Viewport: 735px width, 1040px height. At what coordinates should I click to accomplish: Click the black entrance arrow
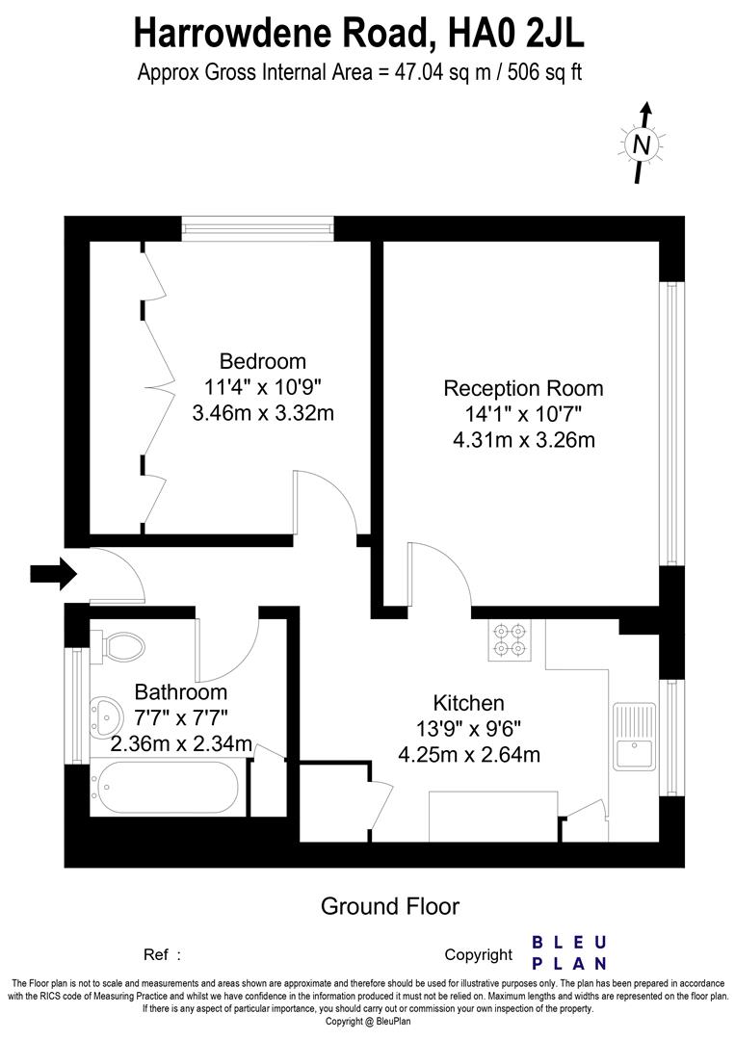click(53, 574)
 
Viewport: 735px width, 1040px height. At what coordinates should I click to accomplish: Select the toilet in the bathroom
click(119, 644)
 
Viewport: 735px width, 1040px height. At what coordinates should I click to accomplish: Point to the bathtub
click(165, 788)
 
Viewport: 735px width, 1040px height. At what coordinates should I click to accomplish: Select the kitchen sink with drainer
click(633, 736)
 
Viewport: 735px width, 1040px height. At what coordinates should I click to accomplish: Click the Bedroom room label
click(263, 362)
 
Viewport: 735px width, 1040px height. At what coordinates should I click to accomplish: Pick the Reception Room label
click(523, 389)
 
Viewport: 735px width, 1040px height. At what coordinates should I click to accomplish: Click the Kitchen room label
click(468, 703)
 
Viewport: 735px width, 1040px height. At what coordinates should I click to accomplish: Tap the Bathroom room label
click(181, 692)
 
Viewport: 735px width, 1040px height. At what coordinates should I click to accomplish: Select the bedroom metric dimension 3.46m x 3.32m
click(263, 414)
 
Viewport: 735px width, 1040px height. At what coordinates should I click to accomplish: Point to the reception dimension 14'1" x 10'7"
click(523, 415)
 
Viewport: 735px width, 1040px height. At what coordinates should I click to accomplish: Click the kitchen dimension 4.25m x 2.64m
click(469, 755)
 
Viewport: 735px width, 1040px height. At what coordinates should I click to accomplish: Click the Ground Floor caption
click(389, 906)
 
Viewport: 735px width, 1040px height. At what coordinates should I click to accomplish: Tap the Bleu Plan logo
click(570, 952)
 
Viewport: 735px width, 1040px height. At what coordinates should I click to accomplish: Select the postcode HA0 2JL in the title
click(512, 33)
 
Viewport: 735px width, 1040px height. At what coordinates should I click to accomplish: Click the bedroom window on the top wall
click(258, 228)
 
